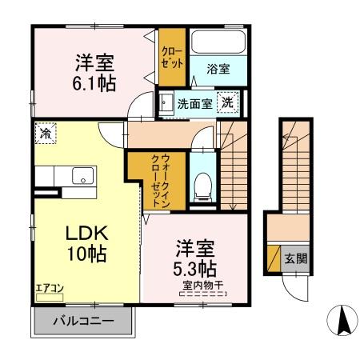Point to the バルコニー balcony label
[x=83, y=322]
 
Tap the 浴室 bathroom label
[x=219, y=69]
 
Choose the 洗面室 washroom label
[x=194, y=103]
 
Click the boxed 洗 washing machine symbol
[x=229, y=102]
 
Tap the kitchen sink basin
[x=82, y=176]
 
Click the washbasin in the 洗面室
[x=166, y=103]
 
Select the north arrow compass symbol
[x=343, y=322]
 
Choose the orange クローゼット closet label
[x=170, y=57]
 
